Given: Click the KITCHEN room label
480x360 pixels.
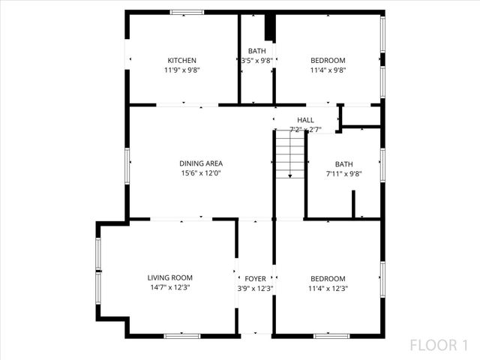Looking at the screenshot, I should coord(181,61).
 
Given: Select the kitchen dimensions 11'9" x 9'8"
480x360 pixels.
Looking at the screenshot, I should coord(181,70).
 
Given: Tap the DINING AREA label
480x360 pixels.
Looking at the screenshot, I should coord(200,163).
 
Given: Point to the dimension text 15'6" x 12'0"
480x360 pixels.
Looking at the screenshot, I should coord(200,173).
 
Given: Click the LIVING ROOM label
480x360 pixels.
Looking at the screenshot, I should coord(169,278).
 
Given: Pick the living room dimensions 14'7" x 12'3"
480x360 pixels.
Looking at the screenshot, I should coord(169,288).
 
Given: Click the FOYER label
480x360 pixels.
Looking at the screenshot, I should coord(255,278).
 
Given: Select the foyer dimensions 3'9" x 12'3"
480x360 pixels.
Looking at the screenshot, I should coord(255,288).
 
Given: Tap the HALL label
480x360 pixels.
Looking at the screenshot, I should coord(305,120).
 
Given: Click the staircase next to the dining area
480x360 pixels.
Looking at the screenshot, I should coord(290,154).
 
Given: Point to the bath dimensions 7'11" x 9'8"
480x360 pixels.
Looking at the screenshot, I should coord(343,174).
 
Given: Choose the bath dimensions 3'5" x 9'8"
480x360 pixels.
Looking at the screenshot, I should coord(256,61).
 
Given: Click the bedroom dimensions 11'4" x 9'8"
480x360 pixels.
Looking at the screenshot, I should coord(328,70).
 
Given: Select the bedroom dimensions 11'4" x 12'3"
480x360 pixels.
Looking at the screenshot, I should coord(328,288).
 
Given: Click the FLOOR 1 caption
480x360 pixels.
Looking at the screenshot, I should coord(438,345).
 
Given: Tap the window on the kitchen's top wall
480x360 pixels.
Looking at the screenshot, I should coord(186,12).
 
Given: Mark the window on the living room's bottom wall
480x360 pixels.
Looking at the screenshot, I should coord(182,335).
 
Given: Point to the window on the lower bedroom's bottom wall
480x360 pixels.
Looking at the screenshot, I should coord(331,335).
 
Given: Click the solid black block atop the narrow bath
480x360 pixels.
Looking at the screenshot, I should coord(270,27).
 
